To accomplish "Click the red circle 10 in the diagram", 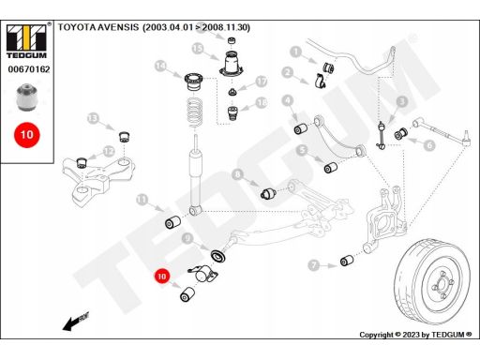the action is [x=161, y=277].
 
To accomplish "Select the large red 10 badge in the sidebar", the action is [x=27, y=135].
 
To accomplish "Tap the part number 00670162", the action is [x=29, y=69].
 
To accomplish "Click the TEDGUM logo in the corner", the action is [x=27, y=40].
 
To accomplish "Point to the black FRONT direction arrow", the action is [x=76, y=322].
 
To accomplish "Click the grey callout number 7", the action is [x=313, y=265].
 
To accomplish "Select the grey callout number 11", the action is [x=142, y=200].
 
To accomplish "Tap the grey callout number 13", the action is [x=93, y=118].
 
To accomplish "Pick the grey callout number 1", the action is [x=295, y=52].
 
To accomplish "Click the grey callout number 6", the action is [x=430, y=145].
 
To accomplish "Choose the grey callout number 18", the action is [x=262, y=102].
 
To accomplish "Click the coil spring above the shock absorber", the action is [x=195, y=112].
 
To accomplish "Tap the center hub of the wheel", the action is [x=442, y=284].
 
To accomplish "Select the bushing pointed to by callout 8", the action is [x=268, y=193].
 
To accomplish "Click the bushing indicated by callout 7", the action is [x=347, y=261].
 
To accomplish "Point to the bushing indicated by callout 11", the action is [x=172, y=222].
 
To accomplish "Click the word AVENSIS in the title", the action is [x=118, y=27].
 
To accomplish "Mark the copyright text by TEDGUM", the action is [x=415, y=335].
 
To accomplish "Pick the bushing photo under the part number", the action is [x=26, y=97].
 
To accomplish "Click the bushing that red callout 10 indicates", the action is [x=187, y=294].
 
